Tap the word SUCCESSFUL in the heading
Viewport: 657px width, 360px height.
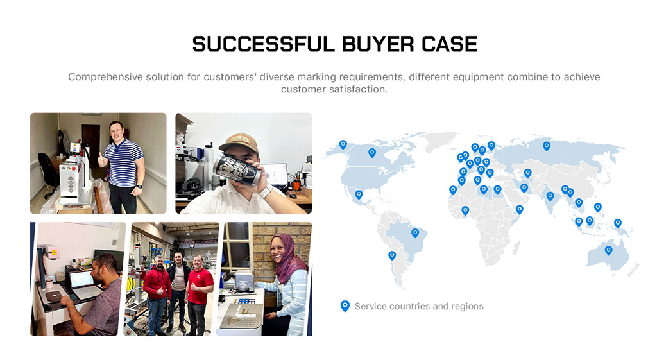pyautogui.click(x=264, y=44)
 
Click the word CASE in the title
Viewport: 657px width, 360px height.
pyautogui.click(x=449, y=44)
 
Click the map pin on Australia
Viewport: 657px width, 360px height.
pyautogui.click(x=608, y=251)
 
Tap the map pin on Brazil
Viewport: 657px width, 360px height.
pyautogui.click(x=415, y=233)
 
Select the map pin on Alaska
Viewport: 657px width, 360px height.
pyautogui.click(x=343, y=144)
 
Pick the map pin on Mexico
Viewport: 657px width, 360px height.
pyautogui.click(x=359, y=194)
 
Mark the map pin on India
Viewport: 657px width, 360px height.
pyautogui.click(x=550, y=196)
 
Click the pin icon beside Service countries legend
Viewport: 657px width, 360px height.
pyautogui.click(x=345, y=306)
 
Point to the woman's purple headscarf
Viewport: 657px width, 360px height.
pyautogui.click(x=287, y=258)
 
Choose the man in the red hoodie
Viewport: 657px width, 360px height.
pyautogui.click(x=157, y=294)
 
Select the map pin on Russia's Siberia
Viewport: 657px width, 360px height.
pyautogui.click(x=547, y=146)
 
